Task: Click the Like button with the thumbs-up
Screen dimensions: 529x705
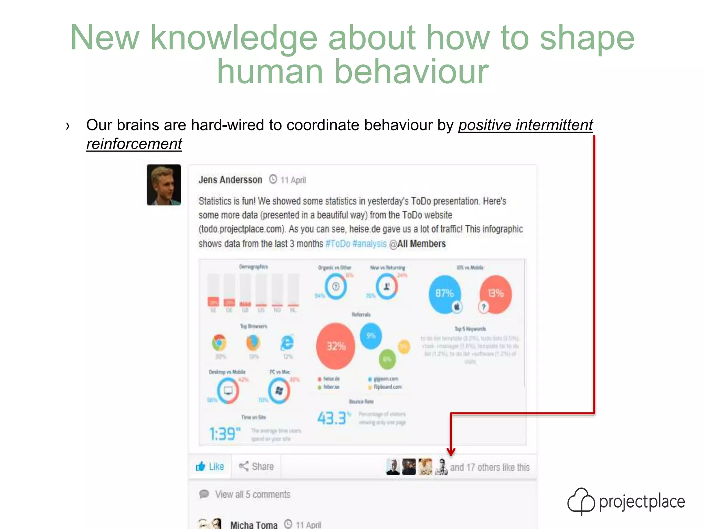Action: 210,467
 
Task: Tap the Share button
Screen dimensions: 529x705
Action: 256,467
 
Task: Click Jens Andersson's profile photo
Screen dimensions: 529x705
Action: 164,185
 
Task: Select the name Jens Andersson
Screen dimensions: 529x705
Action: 230,180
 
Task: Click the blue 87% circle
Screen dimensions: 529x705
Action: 444,294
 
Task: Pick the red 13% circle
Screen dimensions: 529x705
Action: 496,294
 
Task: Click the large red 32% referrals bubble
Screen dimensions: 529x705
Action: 336,346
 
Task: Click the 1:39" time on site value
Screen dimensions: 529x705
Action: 225,434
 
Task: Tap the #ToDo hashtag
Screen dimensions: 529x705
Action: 338,244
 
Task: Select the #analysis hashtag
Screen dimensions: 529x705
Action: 369,244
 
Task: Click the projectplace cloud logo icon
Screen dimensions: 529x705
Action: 581,501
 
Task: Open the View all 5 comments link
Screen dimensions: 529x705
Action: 252,495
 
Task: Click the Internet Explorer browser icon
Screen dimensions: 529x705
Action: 287,342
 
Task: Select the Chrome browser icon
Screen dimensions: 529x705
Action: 219,342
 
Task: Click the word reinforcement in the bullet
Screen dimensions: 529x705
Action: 134,144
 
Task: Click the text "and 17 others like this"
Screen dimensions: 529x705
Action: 490,467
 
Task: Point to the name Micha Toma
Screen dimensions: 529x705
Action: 254,525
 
